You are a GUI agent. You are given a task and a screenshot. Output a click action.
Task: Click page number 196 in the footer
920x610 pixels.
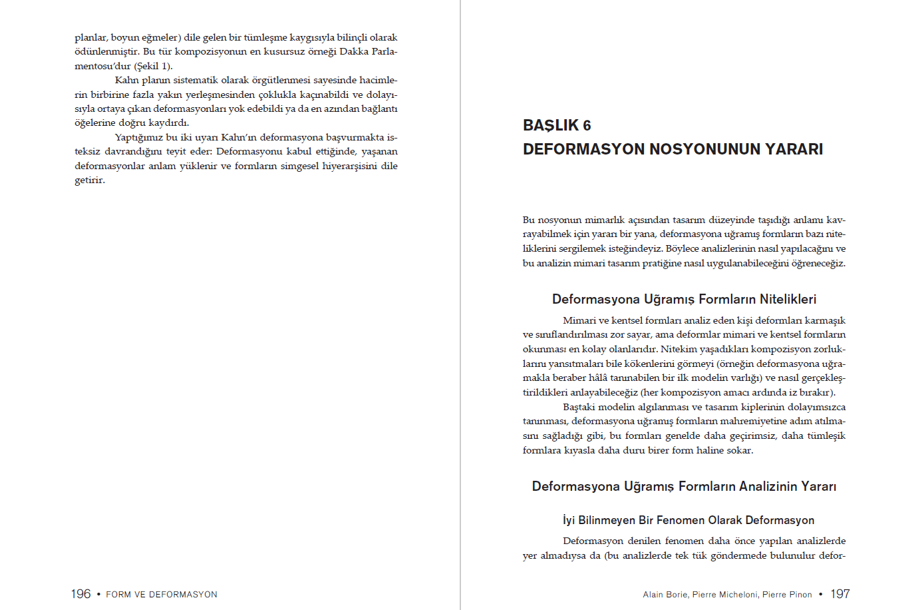click(80, 594)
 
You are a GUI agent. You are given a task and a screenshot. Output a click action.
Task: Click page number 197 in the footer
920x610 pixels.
click(840, 594)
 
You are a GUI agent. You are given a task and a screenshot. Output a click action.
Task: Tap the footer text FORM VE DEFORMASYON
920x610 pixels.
click(162, 595)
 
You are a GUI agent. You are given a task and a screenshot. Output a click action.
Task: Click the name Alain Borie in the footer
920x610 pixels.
click(665, 595)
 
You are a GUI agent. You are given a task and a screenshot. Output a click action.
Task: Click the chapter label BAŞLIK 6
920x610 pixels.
click(557, 125)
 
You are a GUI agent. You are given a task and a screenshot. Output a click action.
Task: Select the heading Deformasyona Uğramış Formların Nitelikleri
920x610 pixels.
click(684, 299)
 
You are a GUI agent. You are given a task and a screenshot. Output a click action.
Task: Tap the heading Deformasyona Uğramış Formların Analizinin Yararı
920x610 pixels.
click(684, 486)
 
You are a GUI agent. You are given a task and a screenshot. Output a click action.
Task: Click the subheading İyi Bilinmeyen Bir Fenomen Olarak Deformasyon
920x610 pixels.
click(689, 520)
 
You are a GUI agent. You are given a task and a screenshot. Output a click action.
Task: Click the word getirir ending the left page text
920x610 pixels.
click(89, 180)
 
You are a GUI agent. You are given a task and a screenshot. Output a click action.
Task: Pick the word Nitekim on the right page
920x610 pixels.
click(679, 349)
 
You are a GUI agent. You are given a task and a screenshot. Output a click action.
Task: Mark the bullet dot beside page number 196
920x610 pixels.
click(98, 594)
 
